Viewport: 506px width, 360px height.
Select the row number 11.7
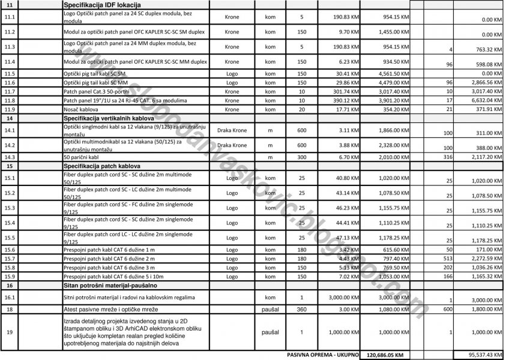point(10,91)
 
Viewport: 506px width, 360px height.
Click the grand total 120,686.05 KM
point(385,355)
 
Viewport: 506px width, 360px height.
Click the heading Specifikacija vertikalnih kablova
point(111,119)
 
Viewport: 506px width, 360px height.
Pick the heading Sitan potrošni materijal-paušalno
point(114,286)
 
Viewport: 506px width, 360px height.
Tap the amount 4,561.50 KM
point(394,73)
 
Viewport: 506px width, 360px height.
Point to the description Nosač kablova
point(81,110)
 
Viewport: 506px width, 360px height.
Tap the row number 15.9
point(10,276)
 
